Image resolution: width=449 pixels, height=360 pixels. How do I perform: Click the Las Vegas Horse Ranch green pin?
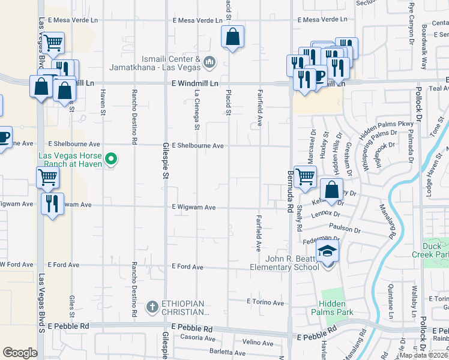point(110,159)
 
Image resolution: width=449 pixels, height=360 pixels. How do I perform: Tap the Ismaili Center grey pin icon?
point(209,61)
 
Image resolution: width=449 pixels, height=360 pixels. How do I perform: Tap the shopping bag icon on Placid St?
point(232,37)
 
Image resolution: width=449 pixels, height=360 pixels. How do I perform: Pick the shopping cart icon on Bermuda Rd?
point(305,176)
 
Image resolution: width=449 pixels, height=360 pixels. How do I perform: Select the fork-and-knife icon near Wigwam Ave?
point(52,203)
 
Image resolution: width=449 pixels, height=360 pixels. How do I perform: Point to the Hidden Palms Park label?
point(332,307)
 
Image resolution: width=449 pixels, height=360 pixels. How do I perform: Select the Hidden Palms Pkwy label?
point(387,128)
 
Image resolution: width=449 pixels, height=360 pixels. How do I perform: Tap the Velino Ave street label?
point(258,343)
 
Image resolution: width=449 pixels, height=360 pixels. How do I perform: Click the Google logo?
point(20,353)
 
